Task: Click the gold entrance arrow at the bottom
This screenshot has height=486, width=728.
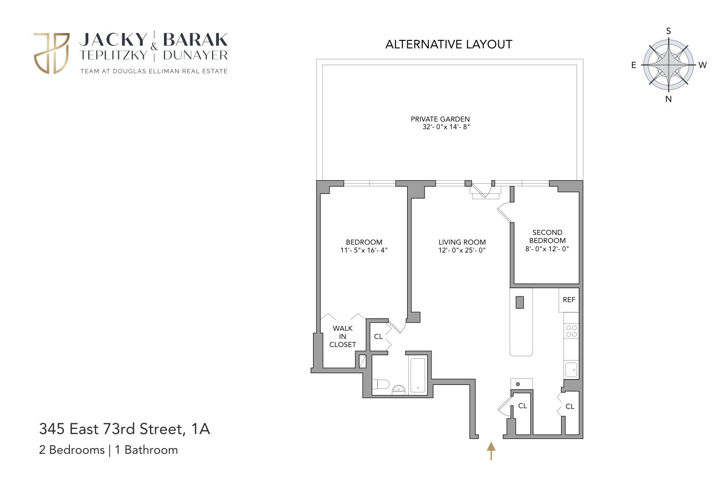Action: tap(491, 451)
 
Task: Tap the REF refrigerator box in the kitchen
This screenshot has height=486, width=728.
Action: tap(569, 300)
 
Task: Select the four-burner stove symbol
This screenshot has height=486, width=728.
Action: tap(571, 331)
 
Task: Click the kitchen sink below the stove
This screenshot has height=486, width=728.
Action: tap(571, 369)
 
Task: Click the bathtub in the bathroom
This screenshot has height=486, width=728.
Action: tap(417, 375)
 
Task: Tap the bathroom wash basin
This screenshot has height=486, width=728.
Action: tap(398, 389)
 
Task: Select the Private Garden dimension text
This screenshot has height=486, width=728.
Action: tap(446, 127)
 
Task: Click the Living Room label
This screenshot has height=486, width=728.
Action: tap(462, 242)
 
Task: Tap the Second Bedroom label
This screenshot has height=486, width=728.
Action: tap(547, 236)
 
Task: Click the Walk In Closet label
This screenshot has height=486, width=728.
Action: tap(343, 336)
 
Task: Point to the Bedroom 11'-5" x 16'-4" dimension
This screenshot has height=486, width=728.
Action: tap(364, 250)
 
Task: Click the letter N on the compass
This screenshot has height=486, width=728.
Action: tap(668, 99)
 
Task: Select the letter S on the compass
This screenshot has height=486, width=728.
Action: tap(668, 31)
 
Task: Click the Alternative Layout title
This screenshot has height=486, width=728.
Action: tap(448, 44)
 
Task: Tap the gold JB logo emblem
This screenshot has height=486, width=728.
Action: tap(51, 53)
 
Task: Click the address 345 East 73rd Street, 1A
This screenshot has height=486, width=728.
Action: tap(124, 429)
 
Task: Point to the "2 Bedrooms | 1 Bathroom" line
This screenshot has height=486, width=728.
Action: tap(108, 450)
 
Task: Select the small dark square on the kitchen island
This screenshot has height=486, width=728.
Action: tap(520, 302)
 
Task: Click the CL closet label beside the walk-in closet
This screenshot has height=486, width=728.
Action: tap(378, 336)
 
